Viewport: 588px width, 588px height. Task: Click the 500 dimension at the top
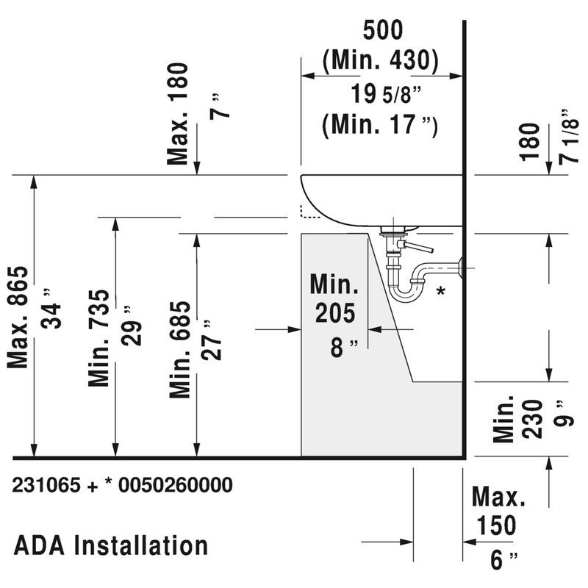tap(383, 32)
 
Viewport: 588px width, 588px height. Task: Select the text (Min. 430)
tap(381, 61)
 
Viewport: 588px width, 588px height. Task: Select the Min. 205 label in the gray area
tap(334, 298)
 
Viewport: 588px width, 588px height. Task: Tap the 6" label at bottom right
tap(500, 560)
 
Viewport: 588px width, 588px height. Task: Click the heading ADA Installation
tap(111, 545)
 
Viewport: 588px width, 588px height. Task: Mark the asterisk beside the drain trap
tap(440, 291)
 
